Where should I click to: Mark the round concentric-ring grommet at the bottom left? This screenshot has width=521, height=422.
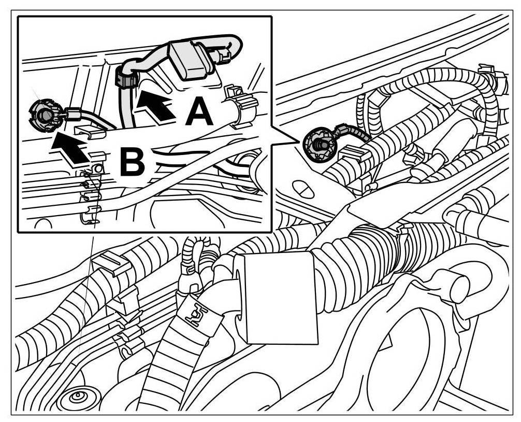pos(76,398)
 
